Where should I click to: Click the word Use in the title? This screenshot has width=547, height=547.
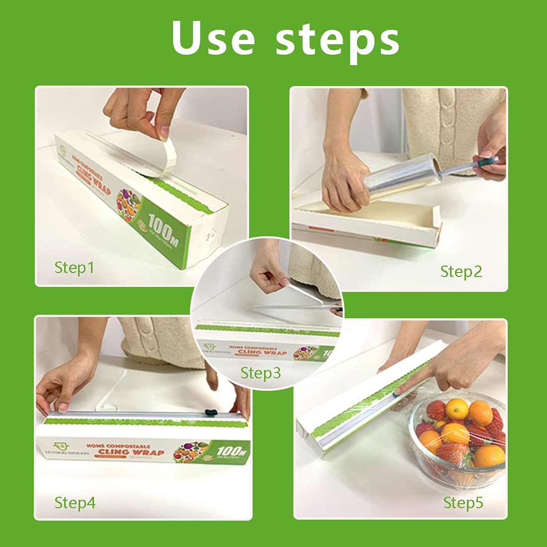pyautogui.click(x=213, y=38)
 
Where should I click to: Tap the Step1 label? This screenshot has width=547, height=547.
pyautogui.click(x=74, y=268)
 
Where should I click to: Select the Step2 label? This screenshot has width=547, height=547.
pyautogui.click(x=461, y=272)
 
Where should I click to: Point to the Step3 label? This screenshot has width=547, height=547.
pyautogui.click(x=261, y=373)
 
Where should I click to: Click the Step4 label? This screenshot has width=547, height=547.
pyautogui.click(x=75, y=503)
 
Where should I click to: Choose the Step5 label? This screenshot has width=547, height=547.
pyautogui.click(x=463, y=503)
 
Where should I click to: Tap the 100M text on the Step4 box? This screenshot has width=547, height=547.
pyautogui.click(x=232, y=451)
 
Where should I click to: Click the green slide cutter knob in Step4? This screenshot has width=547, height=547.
pyautogui.click(x=210, y=412)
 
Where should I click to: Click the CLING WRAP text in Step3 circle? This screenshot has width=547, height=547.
pyautogui.click(x=262, y=352)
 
